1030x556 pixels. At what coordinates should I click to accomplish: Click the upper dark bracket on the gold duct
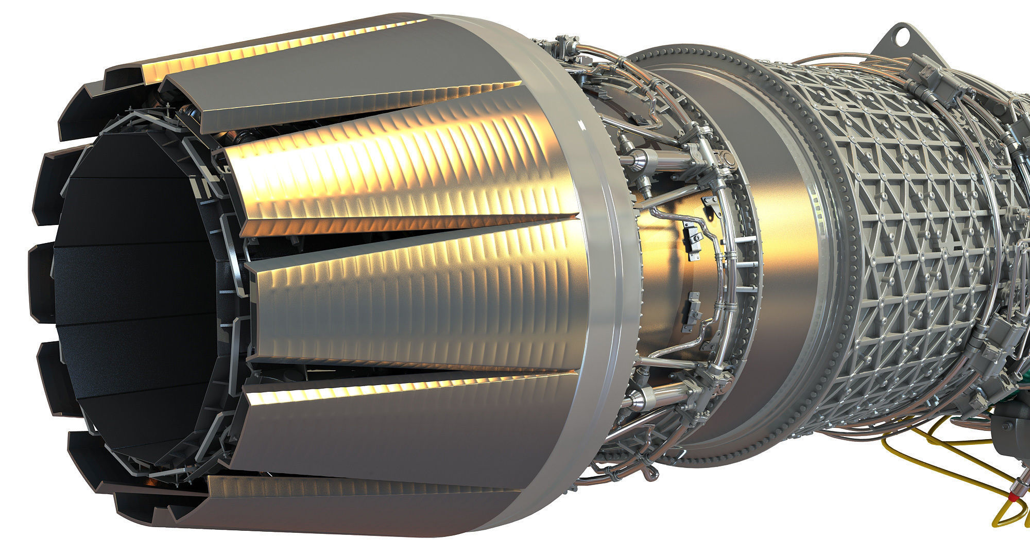(x=692, y=240)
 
